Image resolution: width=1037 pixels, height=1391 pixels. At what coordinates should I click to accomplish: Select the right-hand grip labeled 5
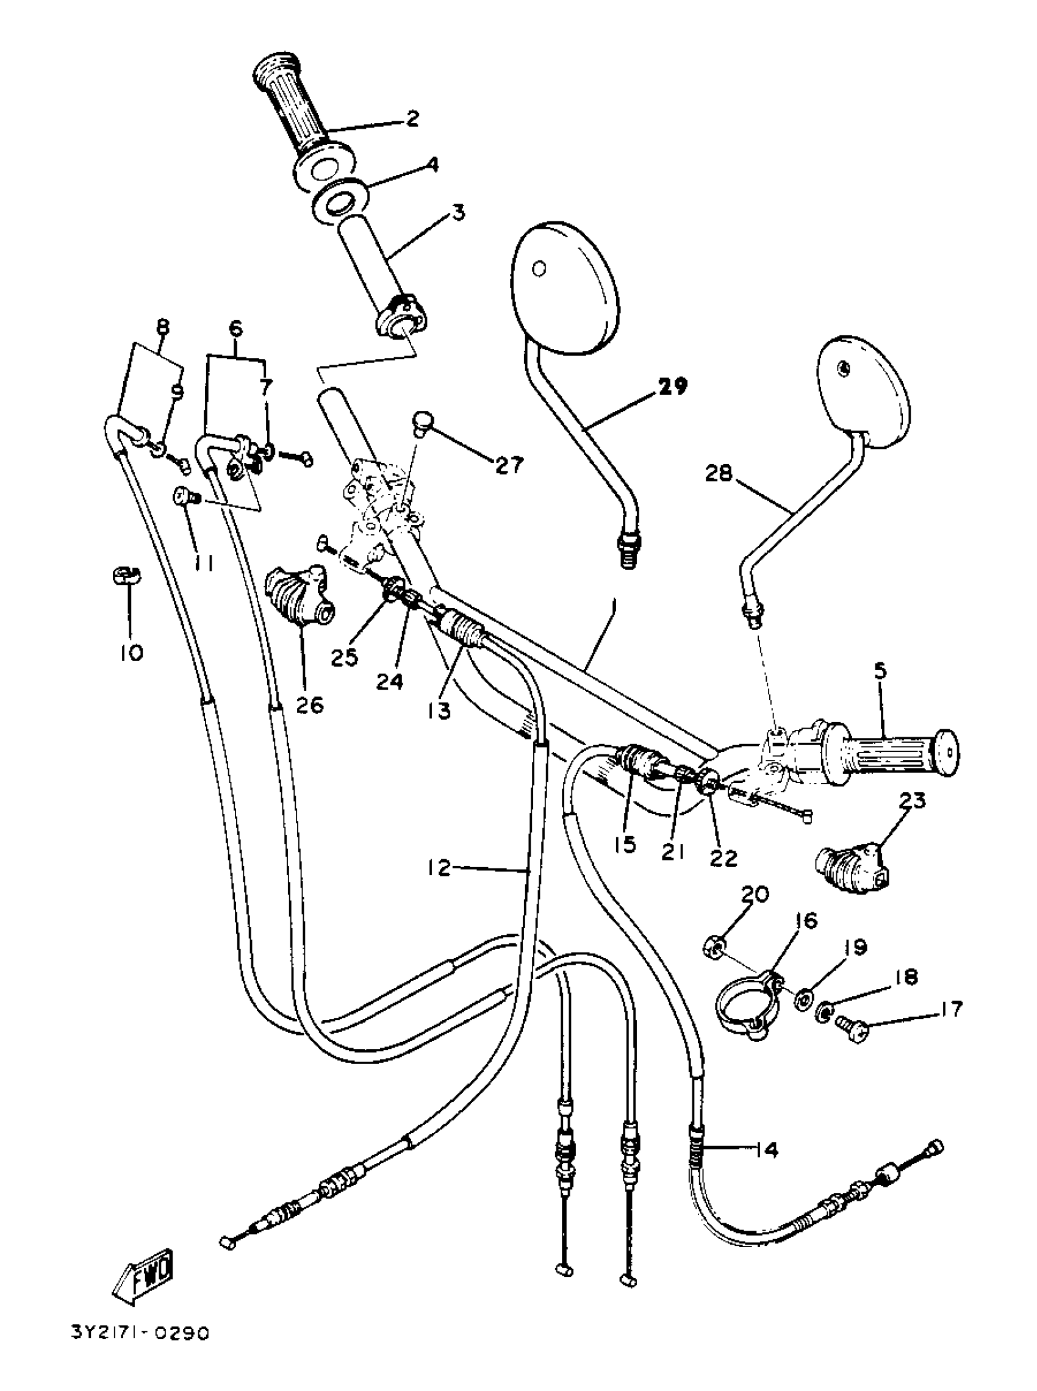(x=891, y=756)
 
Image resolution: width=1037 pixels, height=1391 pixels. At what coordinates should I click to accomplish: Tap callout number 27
(x=508, y=465)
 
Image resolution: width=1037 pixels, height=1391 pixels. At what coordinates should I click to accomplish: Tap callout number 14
(x=765, y=1150)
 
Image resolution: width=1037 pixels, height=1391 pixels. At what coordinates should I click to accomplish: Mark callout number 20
(x=755, y=895)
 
